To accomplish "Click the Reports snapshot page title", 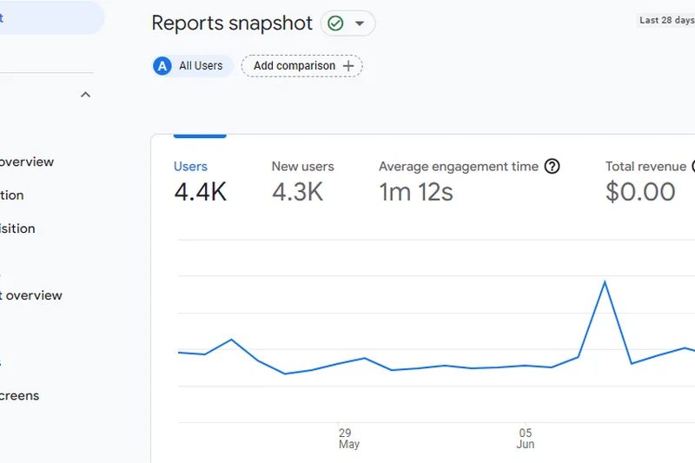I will coord(232,23).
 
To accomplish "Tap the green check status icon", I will coord(335,23).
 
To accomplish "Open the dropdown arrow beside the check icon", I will coord(360,23).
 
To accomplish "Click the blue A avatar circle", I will coord(162,66).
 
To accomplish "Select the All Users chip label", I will coord(201,66).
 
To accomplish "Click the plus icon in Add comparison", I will coord(348,66).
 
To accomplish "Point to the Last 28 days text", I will coord(666,20).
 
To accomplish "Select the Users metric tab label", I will coord(190,167).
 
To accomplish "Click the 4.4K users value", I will coord(200,192).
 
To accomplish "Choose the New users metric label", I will coord(302,167).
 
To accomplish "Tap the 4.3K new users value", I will coord(297,192).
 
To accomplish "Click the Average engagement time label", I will coord(458,167).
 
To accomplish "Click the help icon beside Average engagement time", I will coord(552,167).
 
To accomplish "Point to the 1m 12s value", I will coord(415,192).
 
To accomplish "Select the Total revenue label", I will coord(645,167).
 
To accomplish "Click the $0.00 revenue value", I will coord(640,192).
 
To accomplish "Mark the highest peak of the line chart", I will coord(605,281).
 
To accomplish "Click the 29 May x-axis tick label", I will coord(348,438).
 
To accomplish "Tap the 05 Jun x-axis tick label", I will coord(526,438).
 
